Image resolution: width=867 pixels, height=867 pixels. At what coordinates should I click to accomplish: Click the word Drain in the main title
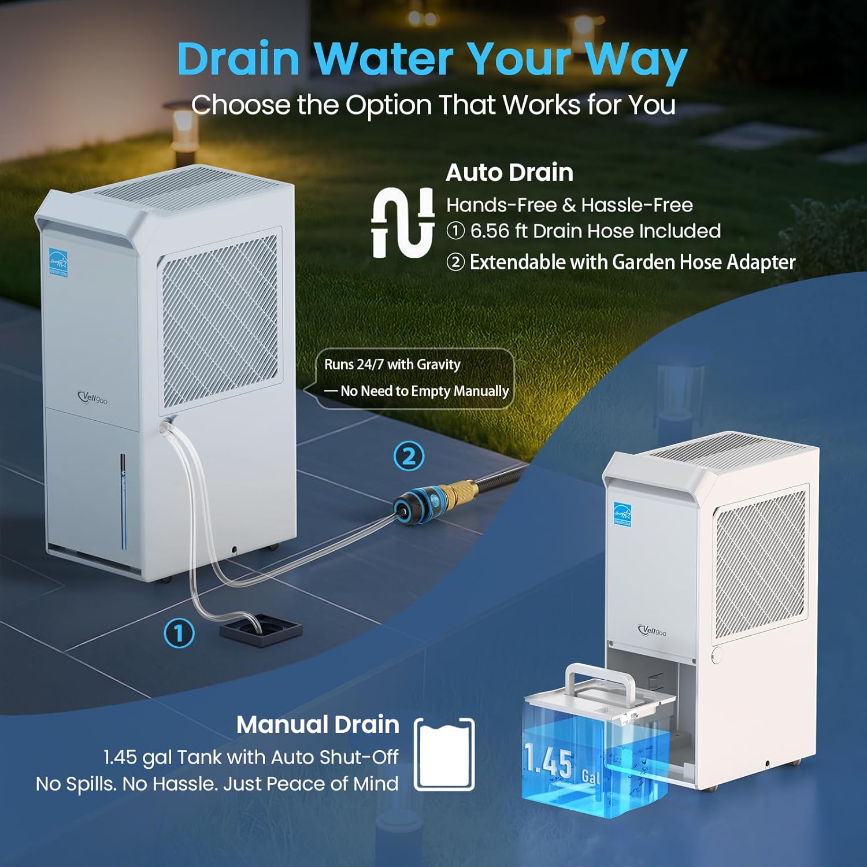[x=238, y=60]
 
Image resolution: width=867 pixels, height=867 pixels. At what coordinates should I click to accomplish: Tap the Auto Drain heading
[x=509, y=172]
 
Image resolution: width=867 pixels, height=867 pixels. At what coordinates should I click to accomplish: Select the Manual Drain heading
[x=317, y=724]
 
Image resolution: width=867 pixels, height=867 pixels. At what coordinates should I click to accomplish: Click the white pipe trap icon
[x=403, y=223]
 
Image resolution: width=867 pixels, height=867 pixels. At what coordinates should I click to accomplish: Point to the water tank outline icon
[x=444, y=754]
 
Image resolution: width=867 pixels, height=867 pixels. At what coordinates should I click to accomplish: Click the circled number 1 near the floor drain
[x=179, y=633]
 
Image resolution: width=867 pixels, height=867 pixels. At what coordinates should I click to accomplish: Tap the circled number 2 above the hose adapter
[x=409, y=456]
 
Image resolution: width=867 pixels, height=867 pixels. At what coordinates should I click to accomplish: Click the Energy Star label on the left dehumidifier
[x=58, y=262]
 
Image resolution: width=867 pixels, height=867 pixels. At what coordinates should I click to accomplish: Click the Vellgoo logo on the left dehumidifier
[x=92, y=398]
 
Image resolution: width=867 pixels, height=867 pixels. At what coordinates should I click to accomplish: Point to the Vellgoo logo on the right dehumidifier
[x=652, y=631]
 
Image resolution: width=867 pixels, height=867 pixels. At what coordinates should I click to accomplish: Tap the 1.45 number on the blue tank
[x=549, y=761]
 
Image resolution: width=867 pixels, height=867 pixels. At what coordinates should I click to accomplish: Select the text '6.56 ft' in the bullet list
[x=498, y=231]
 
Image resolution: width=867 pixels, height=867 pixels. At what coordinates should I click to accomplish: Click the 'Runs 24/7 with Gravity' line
[x=392, y=365]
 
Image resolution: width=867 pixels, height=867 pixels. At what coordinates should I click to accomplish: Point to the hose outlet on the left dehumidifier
[x=166, y=425]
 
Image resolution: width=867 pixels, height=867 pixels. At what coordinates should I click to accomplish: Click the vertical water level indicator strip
[x=123, y=500]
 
